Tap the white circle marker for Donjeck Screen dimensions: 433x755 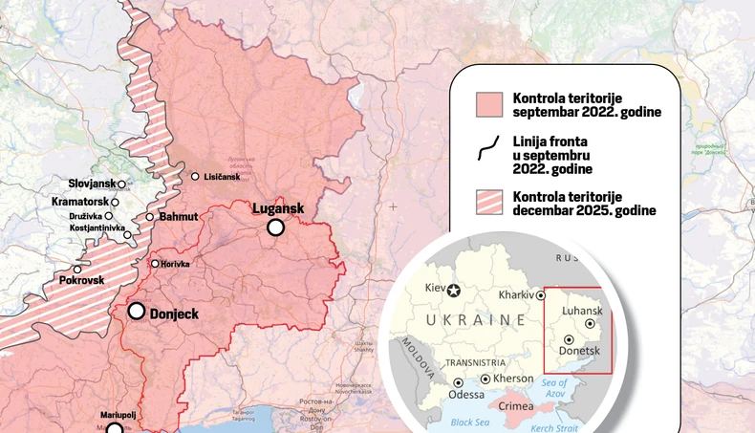137,311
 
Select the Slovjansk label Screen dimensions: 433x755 92,184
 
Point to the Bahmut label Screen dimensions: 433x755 178,217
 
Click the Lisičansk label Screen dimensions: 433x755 223,177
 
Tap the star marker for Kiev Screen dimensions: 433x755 454,290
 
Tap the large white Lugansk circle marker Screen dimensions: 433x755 276,227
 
